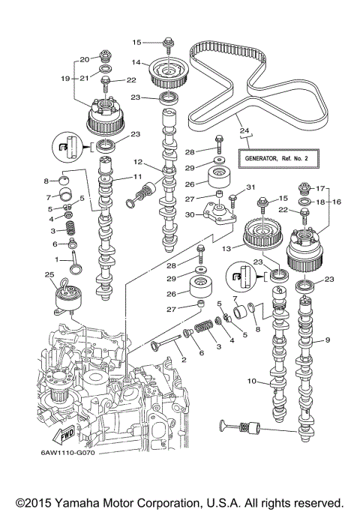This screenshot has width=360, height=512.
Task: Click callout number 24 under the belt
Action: [x=242, y=132]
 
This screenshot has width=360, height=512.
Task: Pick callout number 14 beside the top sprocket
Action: [x=137, y=62]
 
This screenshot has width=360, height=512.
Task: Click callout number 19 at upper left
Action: [x=65, y=78]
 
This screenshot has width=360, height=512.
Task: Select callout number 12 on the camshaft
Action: [x=138, y=162]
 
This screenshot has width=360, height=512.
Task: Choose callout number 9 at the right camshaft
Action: [x=327, y=341]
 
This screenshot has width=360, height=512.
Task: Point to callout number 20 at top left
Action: [x=85, y=58]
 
